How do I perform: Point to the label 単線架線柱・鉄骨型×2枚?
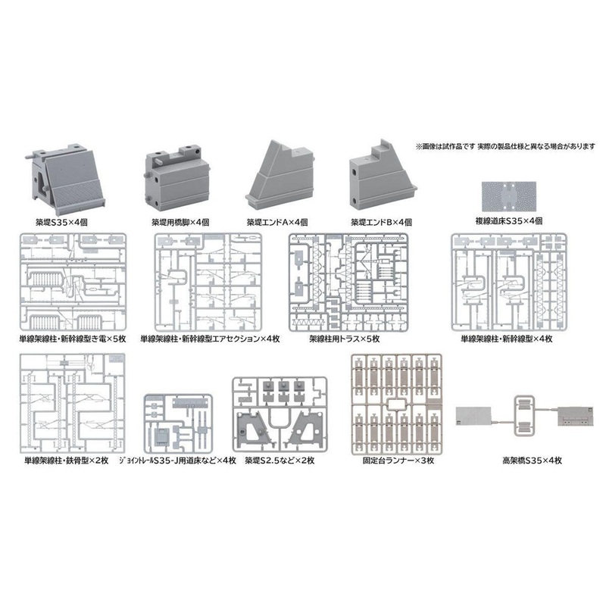tap(66, 460)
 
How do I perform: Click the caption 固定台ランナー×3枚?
tap(396, 460)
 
